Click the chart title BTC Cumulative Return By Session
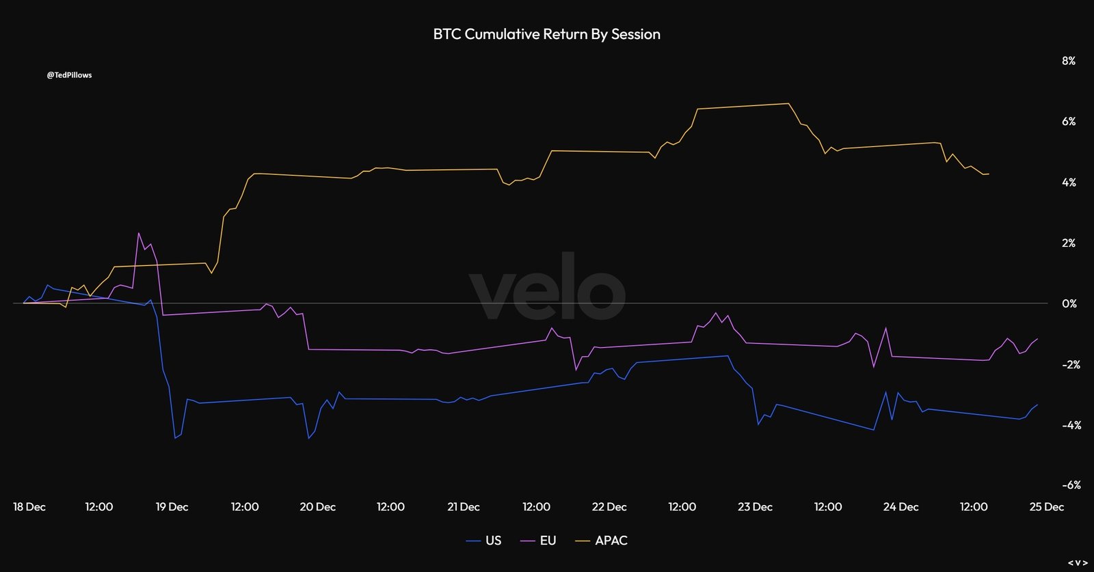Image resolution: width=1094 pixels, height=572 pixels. coord(546,34)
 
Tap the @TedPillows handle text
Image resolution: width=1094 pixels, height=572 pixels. coord(69,75)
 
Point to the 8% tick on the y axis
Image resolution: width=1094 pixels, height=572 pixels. coord(1068,61)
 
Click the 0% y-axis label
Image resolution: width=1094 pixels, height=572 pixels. coord(1069,303)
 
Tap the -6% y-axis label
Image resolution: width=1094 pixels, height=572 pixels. coord(1071,485)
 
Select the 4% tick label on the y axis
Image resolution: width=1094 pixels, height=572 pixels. coord(1068,182)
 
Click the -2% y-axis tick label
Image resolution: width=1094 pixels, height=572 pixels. coord(1071,364)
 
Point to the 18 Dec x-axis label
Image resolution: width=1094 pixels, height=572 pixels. coord(29,507)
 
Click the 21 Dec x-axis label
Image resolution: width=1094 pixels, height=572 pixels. coord(463,507)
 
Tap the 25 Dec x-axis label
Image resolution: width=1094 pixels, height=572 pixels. coord(1047,507)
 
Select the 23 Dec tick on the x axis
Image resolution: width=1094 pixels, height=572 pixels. coord(755,507)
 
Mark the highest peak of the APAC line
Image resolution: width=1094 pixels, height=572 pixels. coord(788,103)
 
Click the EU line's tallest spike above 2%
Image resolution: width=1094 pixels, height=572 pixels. coord(139,233)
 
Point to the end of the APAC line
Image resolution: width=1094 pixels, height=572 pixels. coord(989,174)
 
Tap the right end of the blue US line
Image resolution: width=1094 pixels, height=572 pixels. coord(1037,405)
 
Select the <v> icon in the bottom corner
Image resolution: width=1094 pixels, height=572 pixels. coord(1078,562)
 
